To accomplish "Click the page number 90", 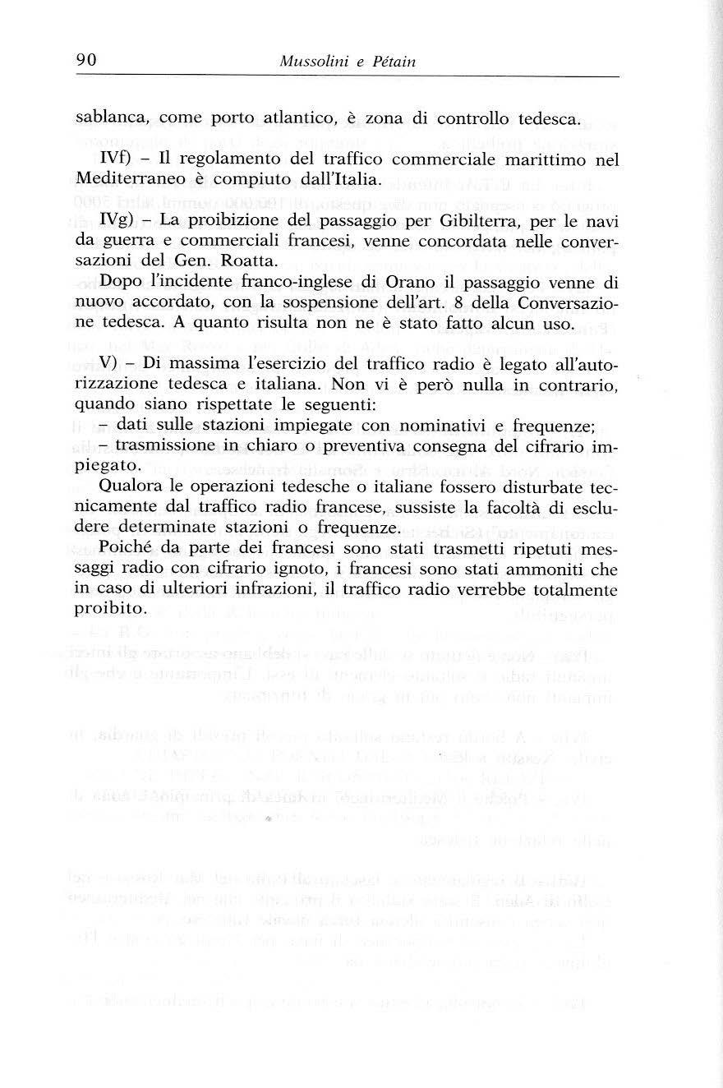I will [x=87, y=60].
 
